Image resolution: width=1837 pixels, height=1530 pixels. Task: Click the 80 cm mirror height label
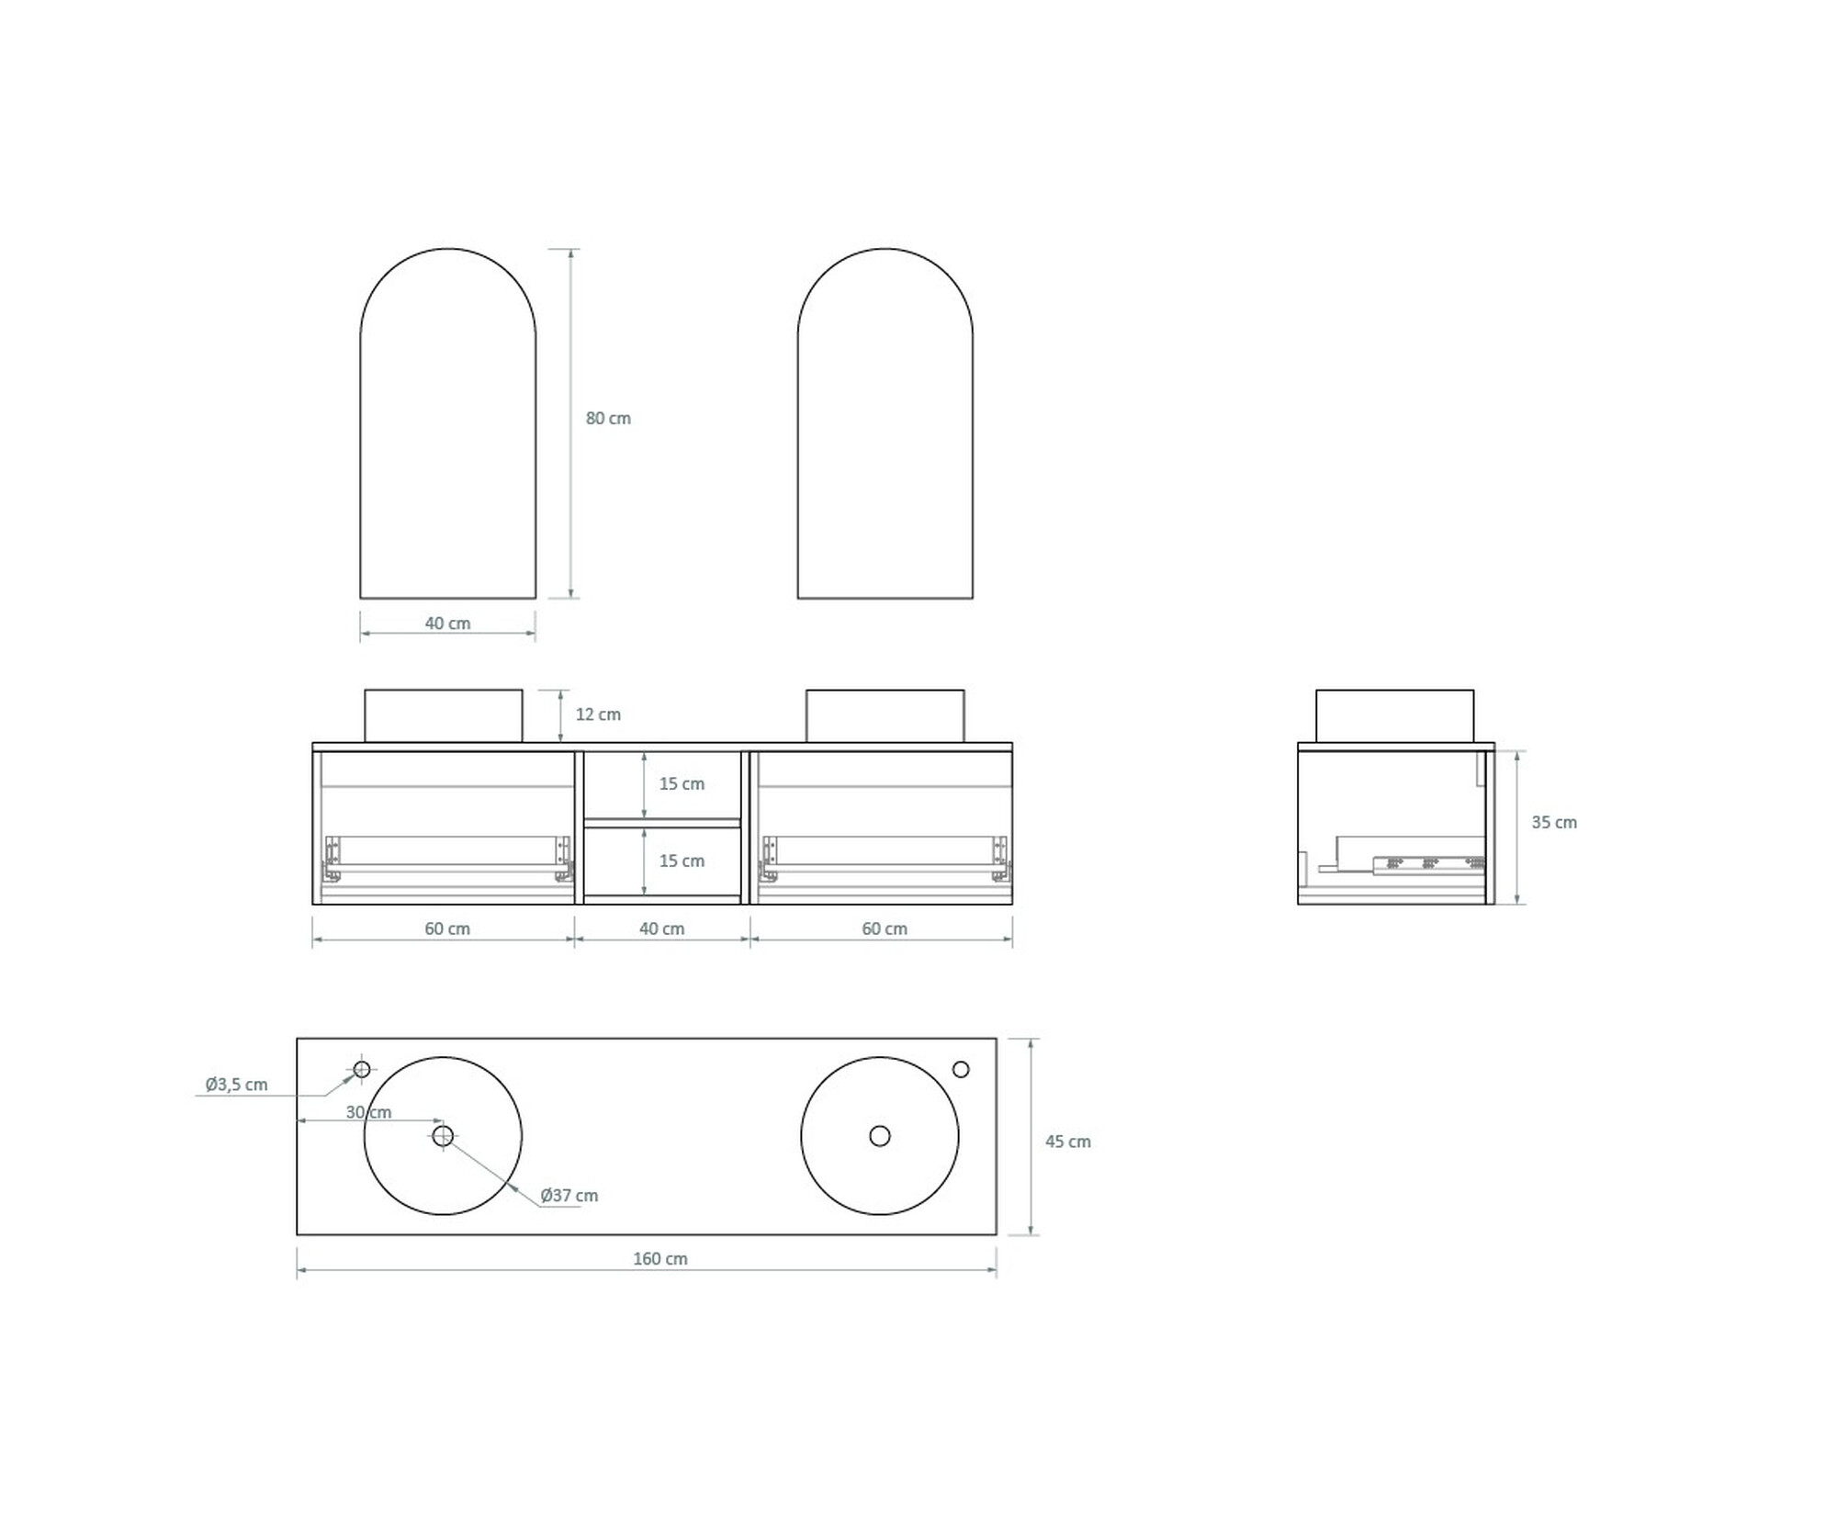click(x=608, y=418)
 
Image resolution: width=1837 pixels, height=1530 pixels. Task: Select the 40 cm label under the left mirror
click(x=447, y=624)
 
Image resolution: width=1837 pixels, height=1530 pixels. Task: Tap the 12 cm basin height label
click(x=598, y=714)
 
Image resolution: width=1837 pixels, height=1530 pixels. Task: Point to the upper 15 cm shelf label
click(x=682, y=783)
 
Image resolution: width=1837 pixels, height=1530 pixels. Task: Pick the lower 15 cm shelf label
click(x=682, y=861)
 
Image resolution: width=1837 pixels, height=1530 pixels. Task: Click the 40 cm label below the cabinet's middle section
click(x=661, y=928)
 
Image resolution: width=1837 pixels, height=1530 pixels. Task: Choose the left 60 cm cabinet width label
click(x=447, y=928)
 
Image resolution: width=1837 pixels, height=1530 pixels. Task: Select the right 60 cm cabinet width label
click(x=885, y=928)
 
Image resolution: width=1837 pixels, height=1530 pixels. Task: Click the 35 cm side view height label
click(x=1554, y=823)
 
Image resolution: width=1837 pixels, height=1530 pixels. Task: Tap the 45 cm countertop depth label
click(x=1068, y=1142)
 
